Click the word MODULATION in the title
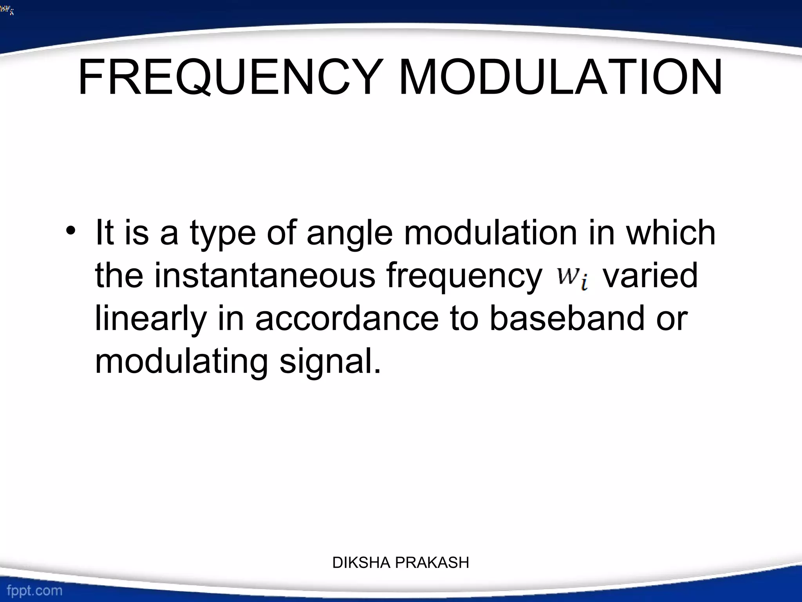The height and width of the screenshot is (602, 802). click(x=560, y=78)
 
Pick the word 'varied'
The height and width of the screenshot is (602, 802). click(x=650, y=276)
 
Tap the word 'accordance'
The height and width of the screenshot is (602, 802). click(x=347, y=318)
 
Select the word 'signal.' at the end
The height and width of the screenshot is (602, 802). click(x=330, y=361)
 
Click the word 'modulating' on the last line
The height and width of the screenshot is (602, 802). click(x=181, y=361)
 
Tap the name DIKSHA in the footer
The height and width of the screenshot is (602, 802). click(x=361, y=563)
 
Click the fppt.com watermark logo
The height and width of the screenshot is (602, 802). click(x=34, y=590)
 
